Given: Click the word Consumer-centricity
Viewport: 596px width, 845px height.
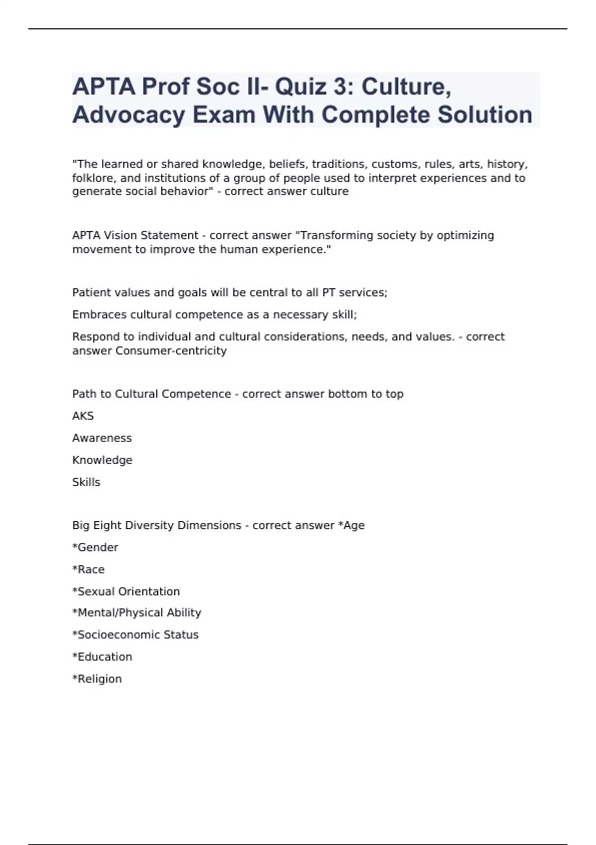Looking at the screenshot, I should point(171,351).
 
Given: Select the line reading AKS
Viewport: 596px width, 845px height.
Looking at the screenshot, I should point(83,416).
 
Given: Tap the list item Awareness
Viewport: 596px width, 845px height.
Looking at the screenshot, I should point(102,438).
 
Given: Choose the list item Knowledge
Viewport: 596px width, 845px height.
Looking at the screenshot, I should point(102,460).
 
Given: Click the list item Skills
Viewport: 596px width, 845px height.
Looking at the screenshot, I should point(86,482).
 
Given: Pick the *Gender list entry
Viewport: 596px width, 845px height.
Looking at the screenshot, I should point(95,547).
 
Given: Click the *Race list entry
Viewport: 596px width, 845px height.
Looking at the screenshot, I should point(88,570).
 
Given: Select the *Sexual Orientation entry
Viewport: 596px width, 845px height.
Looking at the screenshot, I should point(126,591).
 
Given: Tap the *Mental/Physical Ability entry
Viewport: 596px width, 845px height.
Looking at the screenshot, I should point(137,613).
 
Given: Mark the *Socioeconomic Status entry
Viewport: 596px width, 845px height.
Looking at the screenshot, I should point(135,635).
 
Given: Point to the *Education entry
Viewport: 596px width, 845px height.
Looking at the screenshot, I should point(102,657).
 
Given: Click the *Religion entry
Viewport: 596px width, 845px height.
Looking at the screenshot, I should point(97,679).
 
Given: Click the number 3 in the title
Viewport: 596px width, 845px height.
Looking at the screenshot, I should point(340,87).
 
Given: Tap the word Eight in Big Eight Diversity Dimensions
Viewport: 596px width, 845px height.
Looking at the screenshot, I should point(107,525).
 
